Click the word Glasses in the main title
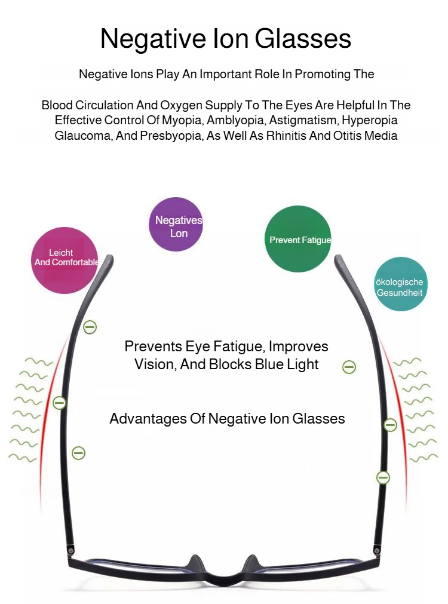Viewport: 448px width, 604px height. click(x=303, y=39)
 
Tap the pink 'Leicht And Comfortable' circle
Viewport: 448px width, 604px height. click(x=65, y=260)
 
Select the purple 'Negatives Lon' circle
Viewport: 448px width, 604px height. click(x=176, y=224)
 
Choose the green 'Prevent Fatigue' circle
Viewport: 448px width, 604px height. click(x=297, y=239)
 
